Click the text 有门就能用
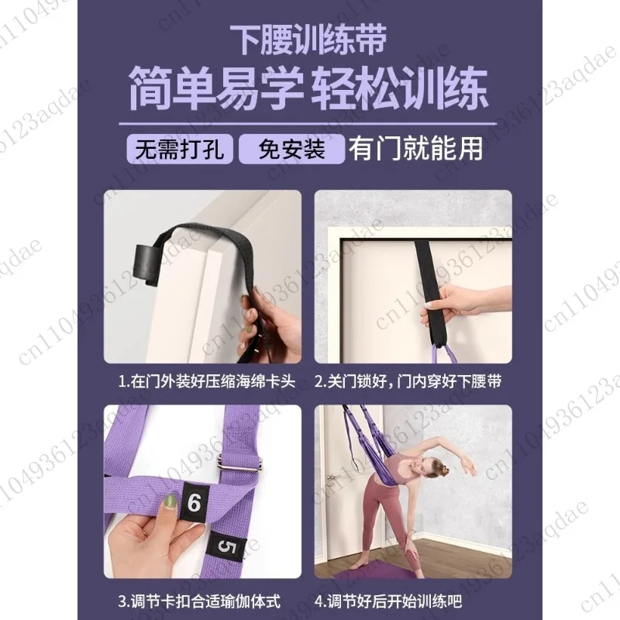click(415, 147)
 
